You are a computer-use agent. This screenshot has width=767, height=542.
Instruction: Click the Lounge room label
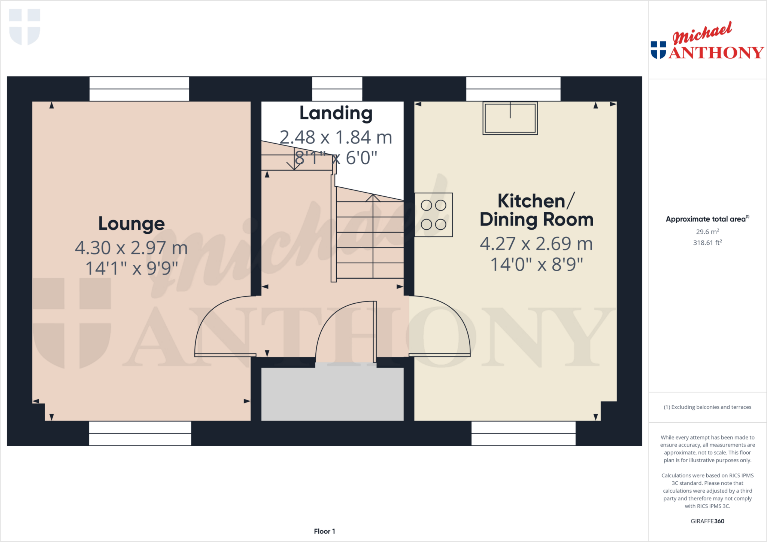131,224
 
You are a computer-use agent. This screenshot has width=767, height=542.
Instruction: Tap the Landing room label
336,113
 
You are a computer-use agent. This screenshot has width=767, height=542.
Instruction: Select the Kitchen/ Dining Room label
536,210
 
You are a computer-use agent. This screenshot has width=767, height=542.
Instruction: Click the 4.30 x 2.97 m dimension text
131,248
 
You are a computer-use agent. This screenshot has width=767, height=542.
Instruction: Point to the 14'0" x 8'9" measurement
536,264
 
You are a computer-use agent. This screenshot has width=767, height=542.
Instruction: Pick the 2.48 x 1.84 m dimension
336,137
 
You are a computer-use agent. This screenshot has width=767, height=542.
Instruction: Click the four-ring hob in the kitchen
434,215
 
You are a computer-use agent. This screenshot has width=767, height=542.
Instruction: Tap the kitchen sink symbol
510,118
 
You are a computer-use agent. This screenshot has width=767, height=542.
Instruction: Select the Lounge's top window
139,89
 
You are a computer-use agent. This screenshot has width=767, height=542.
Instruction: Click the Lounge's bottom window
140,433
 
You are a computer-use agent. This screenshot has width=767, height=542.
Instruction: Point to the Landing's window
337,89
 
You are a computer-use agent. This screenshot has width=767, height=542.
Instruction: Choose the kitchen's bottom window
523,433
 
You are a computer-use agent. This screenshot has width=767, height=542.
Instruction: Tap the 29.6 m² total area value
707,232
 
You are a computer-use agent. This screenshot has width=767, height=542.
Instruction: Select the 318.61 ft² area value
707,243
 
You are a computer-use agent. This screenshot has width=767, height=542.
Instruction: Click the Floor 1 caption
324,531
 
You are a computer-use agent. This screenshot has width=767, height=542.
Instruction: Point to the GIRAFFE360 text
707,521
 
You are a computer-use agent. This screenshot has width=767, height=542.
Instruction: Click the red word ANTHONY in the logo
716,53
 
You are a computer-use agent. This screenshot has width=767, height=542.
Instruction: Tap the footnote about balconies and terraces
707,407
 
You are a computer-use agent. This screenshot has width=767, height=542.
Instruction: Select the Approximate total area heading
706,219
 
